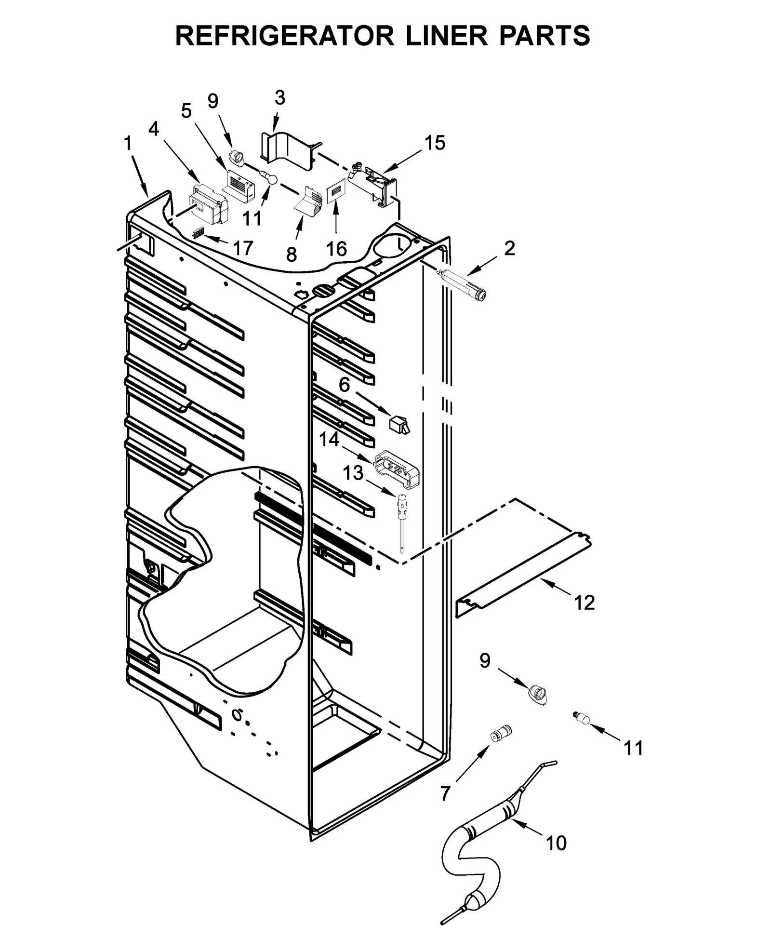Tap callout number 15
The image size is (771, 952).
(x=435, y=143)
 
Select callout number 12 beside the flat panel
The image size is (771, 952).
(x=585, y=603)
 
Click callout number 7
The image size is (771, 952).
(x=445, y=793)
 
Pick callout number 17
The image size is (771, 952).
(x=243, y=248)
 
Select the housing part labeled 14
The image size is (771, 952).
(x=397, y=466)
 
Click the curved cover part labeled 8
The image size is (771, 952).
(x=308, y=202)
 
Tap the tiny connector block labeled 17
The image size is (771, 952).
(x=198, y=234)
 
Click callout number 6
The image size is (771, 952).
(x=344, y=385)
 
